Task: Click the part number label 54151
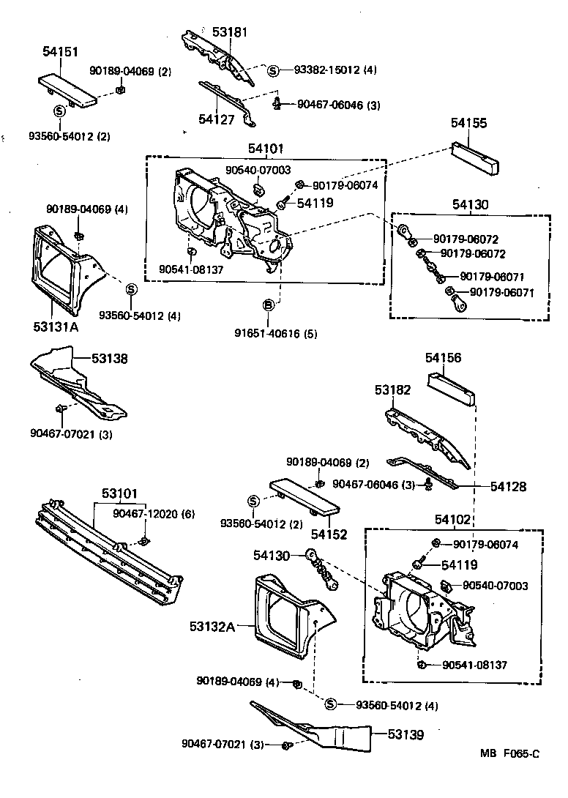coord(60,52)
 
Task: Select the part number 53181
coord(230,33)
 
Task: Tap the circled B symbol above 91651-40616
coord(269,305)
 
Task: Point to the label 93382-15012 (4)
coord(335,70)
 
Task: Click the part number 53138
coord(109,359)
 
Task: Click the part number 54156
coord(444,358)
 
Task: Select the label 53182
coord(393,391)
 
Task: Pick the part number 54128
coord(509,485)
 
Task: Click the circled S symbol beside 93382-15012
coord(272,70)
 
